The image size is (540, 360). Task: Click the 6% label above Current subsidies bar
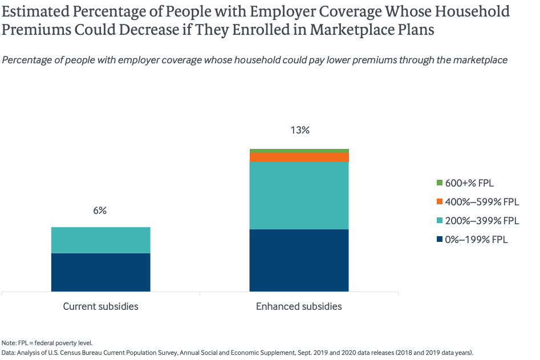click(100, 211)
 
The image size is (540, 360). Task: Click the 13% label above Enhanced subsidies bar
click(299, 130)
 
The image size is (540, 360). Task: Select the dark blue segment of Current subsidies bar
click(100, 272)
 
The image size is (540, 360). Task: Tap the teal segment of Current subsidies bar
click(100, 240)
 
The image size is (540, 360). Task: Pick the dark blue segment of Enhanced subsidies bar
click(299, 260)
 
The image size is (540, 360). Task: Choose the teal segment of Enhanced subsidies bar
click(299, 195)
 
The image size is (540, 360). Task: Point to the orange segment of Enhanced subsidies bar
click(299, 157)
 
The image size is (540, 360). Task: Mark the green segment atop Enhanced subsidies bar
click(299, 151)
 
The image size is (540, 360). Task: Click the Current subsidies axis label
click(100, 306)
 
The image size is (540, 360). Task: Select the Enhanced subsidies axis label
click(299, 306)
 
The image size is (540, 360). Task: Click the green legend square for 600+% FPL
click(440, 183)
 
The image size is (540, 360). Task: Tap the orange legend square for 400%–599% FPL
click(440, 202)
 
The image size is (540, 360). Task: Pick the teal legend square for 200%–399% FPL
click(440, 221)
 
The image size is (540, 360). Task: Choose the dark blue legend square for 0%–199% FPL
click(440, 240)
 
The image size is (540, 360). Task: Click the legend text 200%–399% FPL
click(482, 221)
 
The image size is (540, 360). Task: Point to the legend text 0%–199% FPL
click(476, 240)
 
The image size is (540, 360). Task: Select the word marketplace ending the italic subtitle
click(480, 60)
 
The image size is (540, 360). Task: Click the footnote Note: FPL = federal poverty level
click(47, 343)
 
